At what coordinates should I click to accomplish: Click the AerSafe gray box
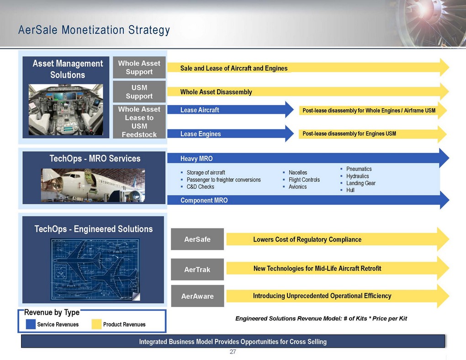[197, 239]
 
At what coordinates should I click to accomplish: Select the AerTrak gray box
[197, 270]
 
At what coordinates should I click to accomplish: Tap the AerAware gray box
[197, 296]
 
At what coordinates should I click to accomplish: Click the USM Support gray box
[139, 92]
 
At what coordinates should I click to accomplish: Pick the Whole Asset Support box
[139, 68]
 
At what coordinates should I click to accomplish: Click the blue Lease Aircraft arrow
[230, 110]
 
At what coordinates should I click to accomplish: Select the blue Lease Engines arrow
[230, 134]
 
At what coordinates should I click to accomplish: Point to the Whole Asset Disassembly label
[216, 92]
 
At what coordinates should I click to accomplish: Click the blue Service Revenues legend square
[31, 324]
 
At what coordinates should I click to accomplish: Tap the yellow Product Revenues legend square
[96, 324]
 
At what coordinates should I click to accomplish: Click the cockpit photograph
[66, 109]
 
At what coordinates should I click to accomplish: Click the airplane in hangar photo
[93, 185]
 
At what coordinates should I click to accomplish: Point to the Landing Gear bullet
[361, 183]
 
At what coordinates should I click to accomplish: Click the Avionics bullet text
[297, 187]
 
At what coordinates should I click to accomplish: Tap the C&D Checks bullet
[200, 187]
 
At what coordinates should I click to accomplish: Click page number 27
[233, 352]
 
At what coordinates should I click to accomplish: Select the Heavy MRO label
[196, 159]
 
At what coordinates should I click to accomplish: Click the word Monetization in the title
[93, 30]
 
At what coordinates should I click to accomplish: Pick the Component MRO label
[204, 201]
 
